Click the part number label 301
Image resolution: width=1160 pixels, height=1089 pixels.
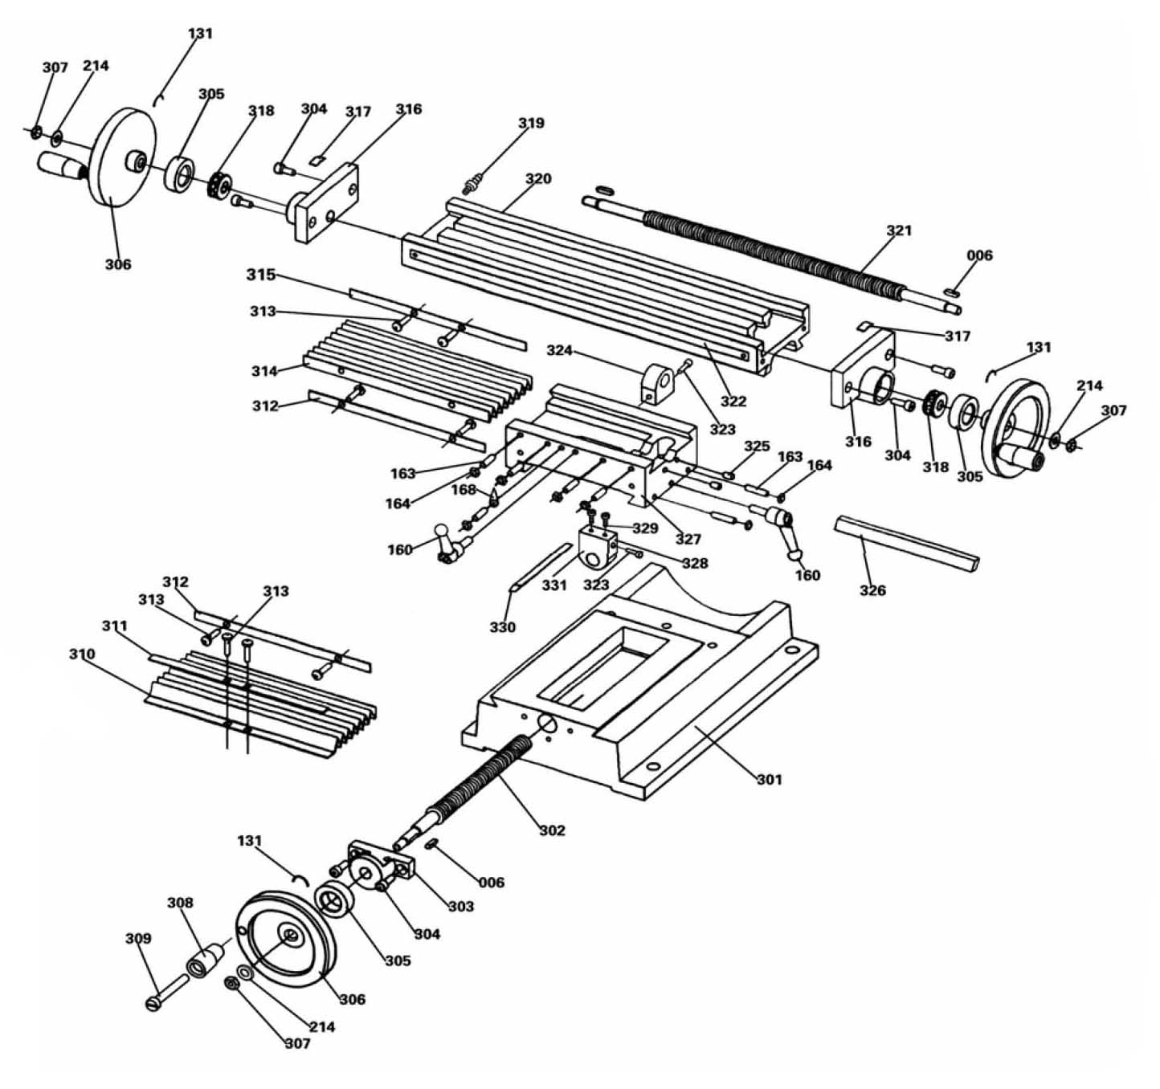click(770, 779)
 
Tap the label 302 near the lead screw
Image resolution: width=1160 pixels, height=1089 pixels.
click(552, 830)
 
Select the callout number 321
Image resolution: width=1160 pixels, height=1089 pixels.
click(899, 230)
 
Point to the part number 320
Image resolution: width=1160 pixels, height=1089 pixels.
click(538, 178)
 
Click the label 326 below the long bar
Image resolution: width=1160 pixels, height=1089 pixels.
click(872, 590)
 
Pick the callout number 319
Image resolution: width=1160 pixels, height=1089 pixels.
click(531, 123)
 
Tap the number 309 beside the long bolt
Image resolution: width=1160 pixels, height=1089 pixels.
click(138, 938)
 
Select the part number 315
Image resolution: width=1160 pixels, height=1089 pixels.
click(260, 275)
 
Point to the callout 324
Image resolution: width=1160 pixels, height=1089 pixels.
click(560, 350)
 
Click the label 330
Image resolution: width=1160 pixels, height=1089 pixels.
click(502, 627)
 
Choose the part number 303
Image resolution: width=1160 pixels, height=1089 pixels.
click(461, 906)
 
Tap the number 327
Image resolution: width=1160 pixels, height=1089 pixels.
click(688, 539)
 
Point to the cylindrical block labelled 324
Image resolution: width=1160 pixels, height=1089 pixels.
click(656, 384)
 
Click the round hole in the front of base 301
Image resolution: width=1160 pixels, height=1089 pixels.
click(548, 724)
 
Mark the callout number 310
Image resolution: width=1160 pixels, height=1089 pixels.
click(82, 654)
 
